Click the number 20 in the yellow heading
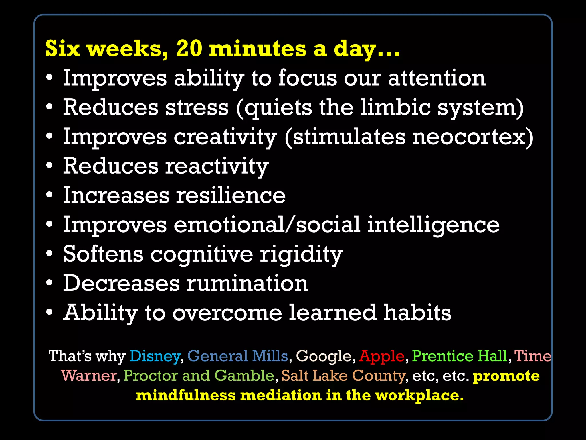pos(189,49)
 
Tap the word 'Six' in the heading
pos(62,49)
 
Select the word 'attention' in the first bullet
pos(437,78)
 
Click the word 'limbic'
pos(395,107)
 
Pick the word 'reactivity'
pos(217,166)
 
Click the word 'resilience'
pos(231,195)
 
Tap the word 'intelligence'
pos(433,225)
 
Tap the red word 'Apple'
pos(382,356)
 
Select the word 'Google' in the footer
pos(324,357)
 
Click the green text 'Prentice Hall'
pos(460,356)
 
